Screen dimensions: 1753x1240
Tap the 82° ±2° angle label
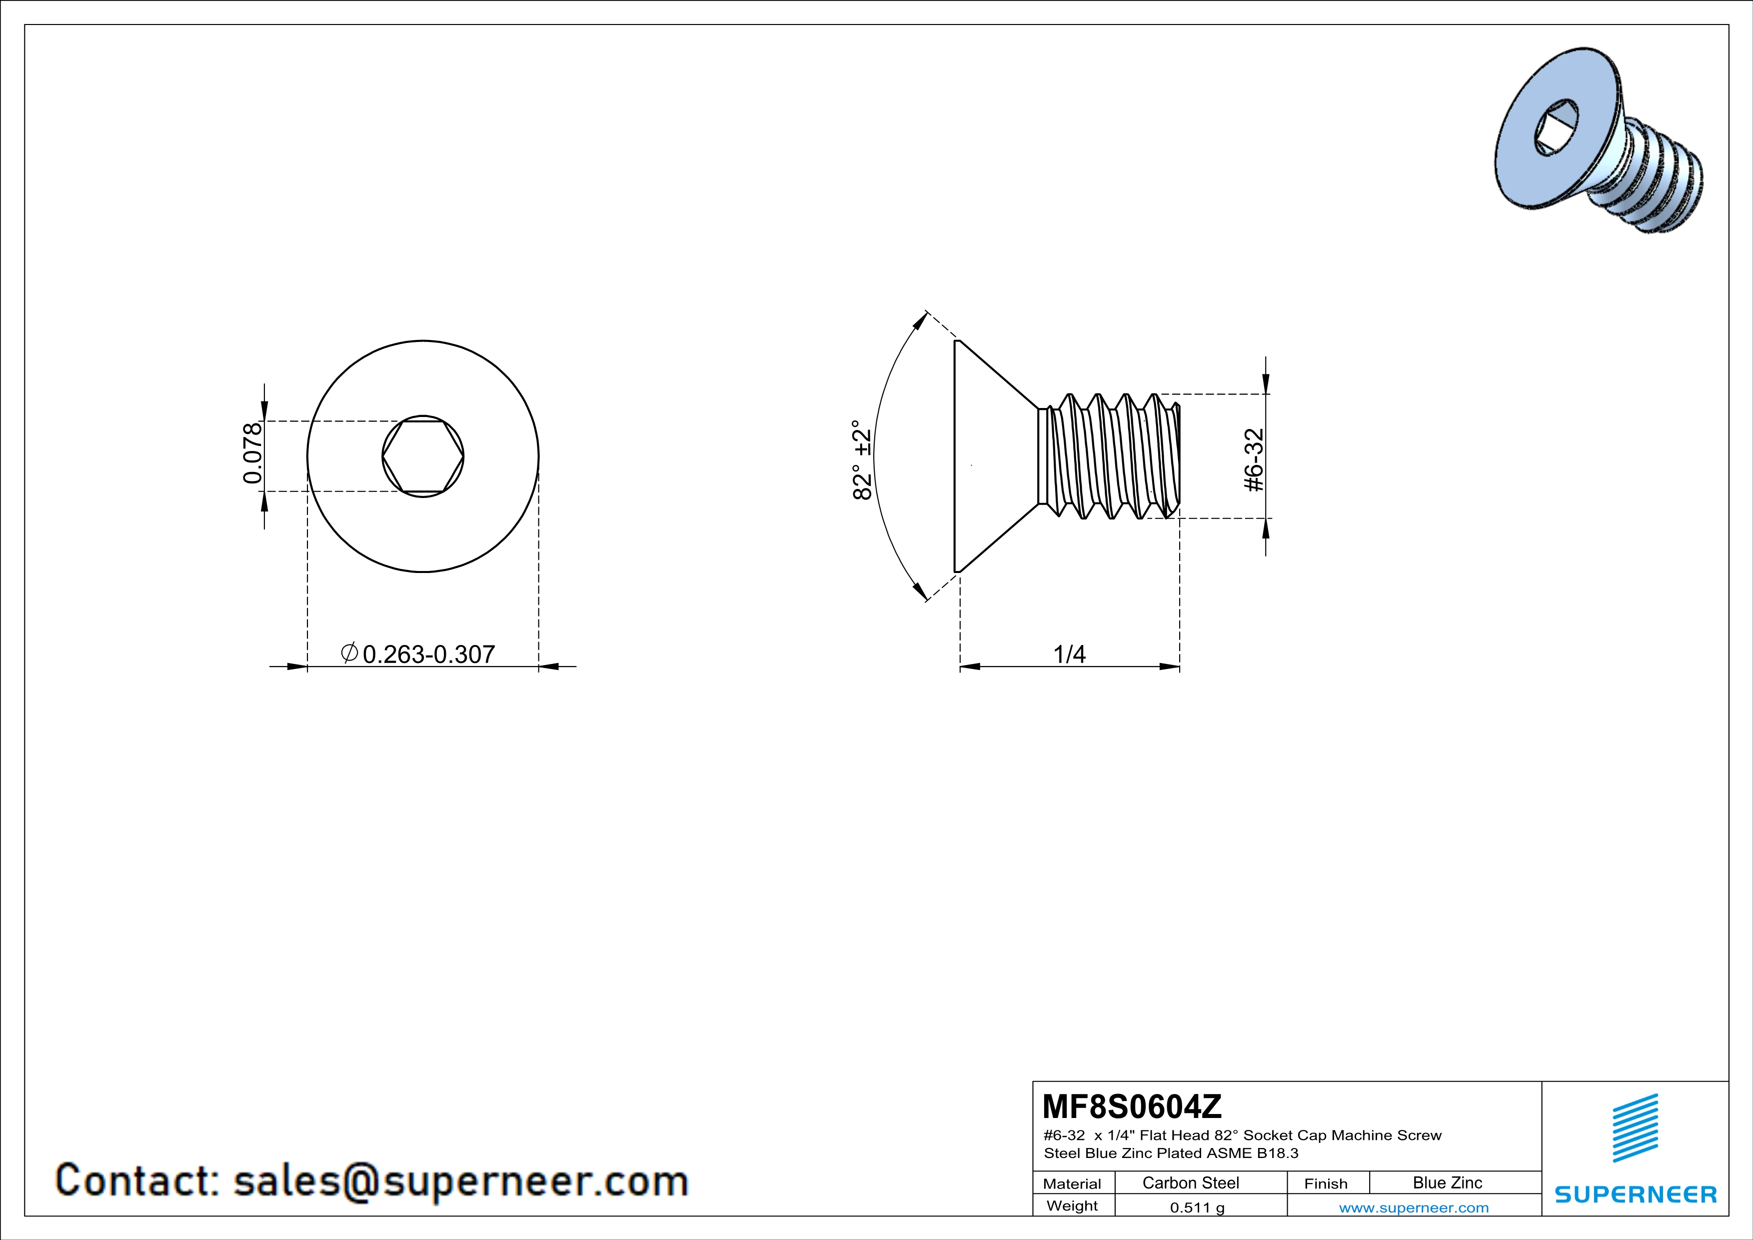(x=862, y=459)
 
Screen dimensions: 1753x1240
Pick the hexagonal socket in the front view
(x=423, y=456)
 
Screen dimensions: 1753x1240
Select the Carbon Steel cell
(x=1190, y=1182)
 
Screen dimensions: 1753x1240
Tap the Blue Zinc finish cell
(x=1448, y=1182)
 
